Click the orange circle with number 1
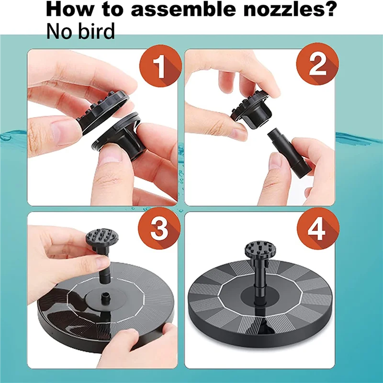tap(160, 66)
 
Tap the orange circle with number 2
tap(317, 64)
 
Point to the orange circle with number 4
tap(318, 229)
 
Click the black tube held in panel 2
tap(290, 154)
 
